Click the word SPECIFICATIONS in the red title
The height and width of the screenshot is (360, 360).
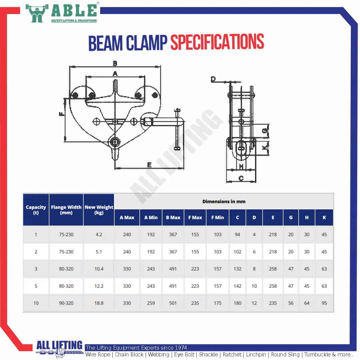coord(217,42)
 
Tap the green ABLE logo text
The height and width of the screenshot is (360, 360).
coord(74,11)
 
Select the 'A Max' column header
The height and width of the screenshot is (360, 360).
coord(127,217)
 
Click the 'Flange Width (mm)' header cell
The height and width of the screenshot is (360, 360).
coord(66,210)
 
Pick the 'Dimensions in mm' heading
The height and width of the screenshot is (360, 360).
coord(224,202)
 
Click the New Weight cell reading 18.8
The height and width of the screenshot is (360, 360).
coord(99,303)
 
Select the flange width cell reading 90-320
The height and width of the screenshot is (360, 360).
coord(66,303)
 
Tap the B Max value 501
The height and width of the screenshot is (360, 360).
coord(173,303)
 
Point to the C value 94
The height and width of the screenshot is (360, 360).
coord(237,234)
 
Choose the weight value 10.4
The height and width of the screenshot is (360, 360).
coord(99,269)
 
